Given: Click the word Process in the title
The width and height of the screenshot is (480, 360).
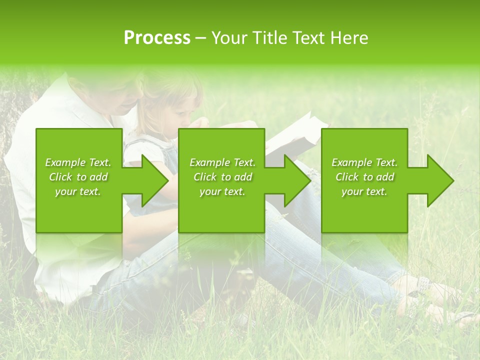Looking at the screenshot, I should (x=157, y=38).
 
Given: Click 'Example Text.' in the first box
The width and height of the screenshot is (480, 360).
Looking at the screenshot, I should (x=78, y=162).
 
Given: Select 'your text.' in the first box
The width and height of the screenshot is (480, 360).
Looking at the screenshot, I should (x=78, y=191).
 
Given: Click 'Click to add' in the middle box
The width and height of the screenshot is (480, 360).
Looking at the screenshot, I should (x=222, y=177).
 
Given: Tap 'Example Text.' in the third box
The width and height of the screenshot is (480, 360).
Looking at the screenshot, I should (x=364, y=162).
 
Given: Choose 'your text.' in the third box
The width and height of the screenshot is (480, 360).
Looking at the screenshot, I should (x=364, y=191).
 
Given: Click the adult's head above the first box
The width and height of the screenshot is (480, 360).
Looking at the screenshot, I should (x=117, y=95).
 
